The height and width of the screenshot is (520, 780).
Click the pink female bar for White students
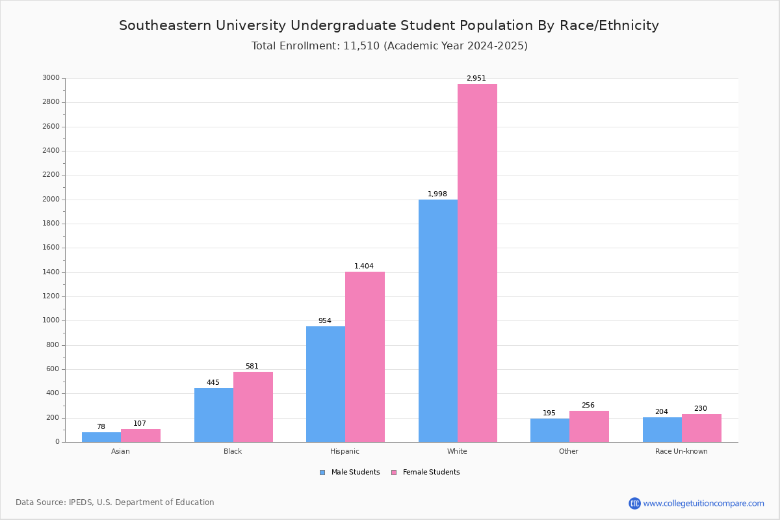(x=477, y=263)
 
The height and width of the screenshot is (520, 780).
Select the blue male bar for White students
(x=438, y=321)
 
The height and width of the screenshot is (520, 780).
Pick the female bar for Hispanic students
(x=365, y=357)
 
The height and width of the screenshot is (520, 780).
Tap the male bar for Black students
(x=214, y=415)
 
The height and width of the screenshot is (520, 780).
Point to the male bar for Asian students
(x=101, y=437)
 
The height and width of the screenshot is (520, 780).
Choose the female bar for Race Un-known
(x=701, y=428)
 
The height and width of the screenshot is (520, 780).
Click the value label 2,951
(x=476, y=79)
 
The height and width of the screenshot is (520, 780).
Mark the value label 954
(x=325, y=320)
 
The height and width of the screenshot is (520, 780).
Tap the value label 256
(x=588, y=405)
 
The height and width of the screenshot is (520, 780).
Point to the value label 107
(x=140, y=423)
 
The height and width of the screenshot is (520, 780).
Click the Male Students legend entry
(x=350, y=473)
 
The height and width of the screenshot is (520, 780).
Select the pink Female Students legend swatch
(x=394, y=473)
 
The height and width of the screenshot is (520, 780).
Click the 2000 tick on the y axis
(x=51, y=199)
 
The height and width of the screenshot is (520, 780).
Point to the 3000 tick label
(x=51, y=77)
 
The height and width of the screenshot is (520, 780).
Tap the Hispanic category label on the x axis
(x=344, y=451)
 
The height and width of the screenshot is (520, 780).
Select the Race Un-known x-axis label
(x=681, y=451)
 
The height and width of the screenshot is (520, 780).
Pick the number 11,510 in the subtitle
(x=361, y=46)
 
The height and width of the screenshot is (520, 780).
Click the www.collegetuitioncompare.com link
(x=703, y=503)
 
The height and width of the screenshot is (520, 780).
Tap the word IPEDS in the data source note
(x=81, y=502)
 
